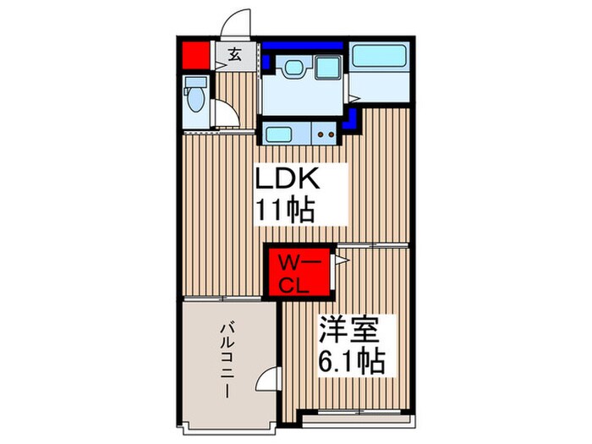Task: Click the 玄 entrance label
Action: point(233,57)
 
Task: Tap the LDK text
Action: point(288,180)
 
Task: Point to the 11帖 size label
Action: point(288,209)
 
